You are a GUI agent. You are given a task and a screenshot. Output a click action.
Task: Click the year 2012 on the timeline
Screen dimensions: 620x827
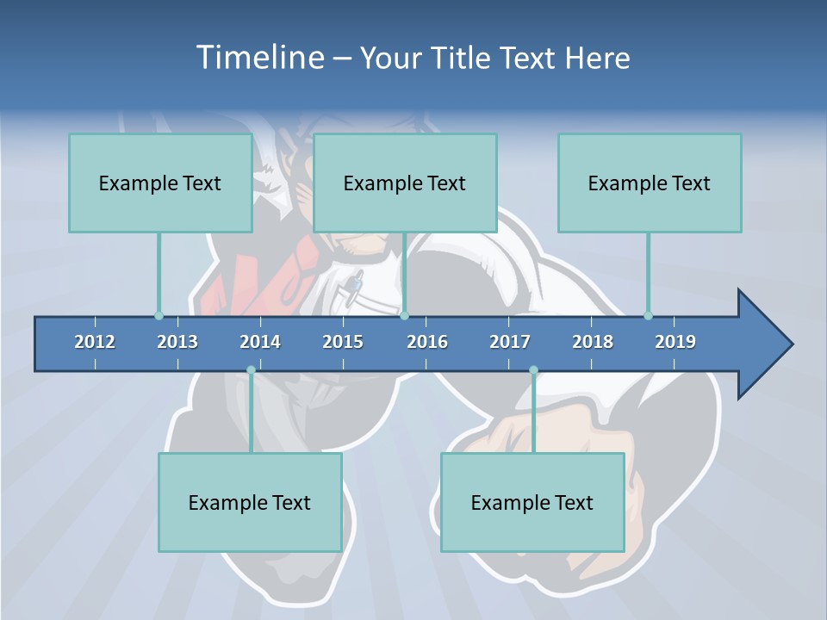(95, 342)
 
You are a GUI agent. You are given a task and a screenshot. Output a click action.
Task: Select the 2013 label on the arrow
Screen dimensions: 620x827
(177, 342)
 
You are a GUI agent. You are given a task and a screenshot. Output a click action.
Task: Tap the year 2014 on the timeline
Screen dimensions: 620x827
(260, 342)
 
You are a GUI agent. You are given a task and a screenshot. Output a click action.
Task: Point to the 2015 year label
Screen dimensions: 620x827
(343, 342)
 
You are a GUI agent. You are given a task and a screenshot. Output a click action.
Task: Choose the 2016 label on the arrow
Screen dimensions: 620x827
(427, 342)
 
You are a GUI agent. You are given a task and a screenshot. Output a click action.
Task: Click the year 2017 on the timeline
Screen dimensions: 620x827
(510, 342)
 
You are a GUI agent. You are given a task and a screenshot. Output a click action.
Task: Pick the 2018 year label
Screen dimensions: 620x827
(593, 342)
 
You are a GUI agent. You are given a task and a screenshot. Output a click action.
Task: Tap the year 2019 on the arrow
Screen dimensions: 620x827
(675, 342)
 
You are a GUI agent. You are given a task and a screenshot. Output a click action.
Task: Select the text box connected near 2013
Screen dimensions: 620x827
(160, 183)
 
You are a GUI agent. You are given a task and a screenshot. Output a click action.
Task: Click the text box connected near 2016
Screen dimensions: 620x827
(405, 183)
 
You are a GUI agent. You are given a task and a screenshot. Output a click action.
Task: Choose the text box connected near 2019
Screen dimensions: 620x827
(650, 183)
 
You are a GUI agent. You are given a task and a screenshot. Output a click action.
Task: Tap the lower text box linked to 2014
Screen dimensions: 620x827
(250, 502)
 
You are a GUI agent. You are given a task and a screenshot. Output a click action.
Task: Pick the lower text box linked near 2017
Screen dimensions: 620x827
(532, 502)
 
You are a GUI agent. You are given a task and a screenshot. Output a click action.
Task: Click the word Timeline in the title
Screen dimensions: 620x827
(259, 58)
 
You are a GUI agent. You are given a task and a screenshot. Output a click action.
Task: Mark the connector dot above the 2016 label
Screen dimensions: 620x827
(405, 315)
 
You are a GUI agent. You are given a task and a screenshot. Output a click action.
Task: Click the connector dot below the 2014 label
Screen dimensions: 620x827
(251, 370)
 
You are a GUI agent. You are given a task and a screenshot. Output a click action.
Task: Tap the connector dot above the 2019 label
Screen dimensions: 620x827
(649, 315)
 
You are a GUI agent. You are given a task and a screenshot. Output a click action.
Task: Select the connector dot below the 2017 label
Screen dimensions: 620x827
(533, 370)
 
